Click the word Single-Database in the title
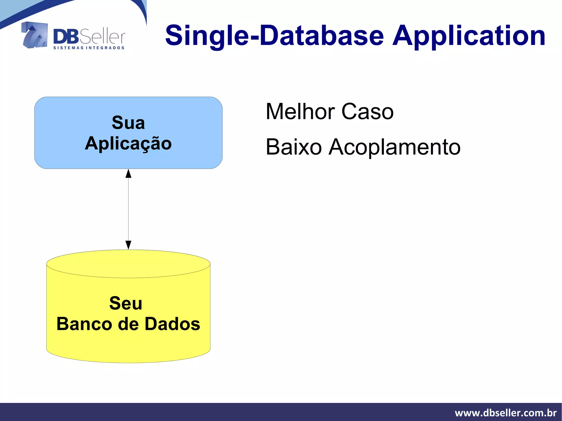click(274, 36)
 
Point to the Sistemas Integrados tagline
click(89, 48)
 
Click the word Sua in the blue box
click(128, 123)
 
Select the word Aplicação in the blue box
click(128, 143)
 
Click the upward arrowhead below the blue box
click(128, 174)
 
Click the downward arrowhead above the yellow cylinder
click(128, 245)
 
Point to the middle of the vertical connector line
click(128, 209)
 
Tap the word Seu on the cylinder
click(126, 303)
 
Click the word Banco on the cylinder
click(84, 324)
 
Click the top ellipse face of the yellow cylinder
click(128, 264)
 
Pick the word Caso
click(367, 112)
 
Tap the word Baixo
click(294, 147)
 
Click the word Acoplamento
click(394, 147)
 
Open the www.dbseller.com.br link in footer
click(505, 413)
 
